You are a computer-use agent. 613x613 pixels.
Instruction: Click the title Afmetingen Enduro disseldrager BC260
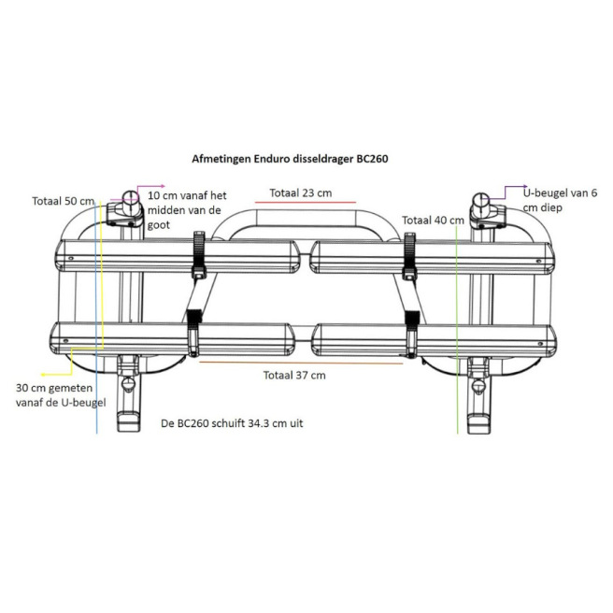[x=290, y=159]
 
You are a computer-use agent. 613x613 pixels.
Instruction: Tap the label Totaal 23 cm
[x=301, y=193]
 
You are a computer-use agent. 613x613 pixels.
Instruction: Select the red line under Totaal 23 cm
[x=306, y=203]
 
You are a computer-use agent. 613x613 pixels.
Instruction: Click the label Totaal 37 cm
[x=294, y=376]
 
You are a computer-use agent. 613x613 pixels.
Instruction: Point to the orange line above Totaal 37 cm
[x=301, y=363]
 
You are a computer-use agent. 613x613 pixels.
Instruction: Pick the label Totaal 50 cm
[x=63, y=201]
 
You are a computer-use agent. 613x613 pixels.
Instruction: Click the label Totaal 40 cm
[x=434, y=221]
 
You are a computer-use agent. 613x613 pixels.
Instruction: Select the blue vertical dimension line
[x=96, y=319]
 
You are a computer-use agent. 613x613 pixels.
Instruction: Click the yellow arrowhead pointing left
[x=44, y=375]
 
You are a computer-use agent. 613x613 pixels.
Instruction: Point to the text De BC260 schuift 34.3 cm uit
[x=232, y=423]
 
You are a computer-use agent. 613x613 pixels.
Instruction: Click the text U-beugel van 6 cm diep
[x=561, y=200]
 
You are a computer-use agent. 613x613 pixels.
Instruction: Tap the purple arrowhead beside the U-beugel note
[x=524, y=187]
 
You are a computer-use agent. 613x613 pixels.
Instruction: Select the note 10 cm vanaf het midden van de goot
[x=187, y=210]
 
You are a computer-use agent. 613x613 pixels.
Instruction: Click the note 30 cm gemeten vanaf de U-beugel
[x=61, y=395]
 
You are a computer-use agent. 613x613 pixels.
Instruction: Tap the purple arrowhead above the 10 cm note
[x=163, y=187]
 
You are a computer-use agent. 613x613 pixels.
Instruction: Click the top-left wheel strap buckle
[x=199, y=253]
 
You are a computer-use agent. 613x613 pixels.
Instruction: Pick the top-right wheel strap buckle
[x=409, y=255]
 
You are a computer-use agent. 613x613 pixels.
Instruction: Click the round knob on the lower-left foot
[x=127, y=383]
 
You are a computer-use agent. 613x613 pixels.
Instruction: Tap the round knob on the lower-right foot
[x=478, y=386]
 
